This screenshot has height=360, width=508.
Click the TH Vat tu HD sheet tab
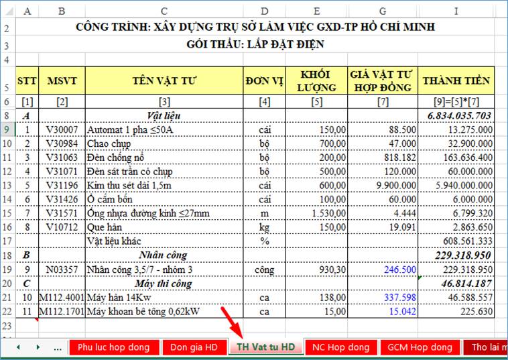264,347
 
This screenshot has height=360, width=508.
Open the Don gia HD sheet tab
193,347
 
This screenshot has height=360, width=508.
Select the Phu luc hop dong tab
113,347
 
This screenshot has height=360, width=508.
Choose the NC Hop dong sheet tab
341,347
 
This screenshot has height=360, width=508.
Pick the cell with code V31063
62,158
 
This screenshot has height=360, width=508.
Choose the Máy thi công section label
164,283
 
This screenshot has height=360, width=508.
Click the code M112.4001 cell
62,297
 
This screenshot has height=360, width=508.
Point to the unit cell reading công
265,269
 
